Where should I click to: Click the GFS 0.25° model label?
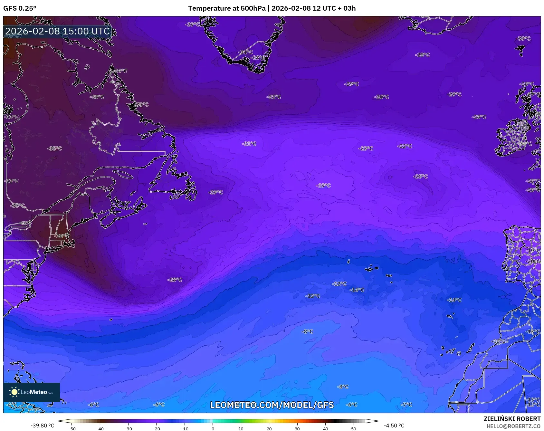coord(20,8)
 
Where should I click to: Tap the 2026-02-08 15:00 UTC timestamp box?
coord(57,31)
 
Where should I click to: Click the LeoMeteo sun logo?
coord(14,392)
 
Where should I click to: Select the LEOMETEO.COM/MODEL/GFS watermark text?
coord(272,405)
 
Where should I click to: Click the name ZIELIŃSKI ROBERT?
coord(512,419)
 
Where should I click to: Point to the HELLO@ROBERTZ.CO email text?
coord(513,426)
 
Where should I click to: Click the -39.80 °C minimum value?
coord(42,426)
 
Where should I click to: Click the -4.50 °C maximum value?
coord(394,426)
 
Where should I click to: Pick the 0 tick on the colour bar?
coord(213,428)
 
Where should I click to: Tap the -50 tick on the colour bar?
coord(72,428)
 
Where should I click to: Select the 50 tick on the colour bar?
coord(354,428)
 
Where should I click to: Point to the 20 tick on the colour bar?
coord(269,428)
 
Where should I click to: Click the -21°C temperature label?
coord(249,144)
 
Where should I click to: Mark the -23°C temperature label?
coord(366,148)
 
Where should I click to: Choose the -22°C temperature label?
coord(405,146)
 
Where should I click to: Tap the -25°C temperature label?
coord(421,177)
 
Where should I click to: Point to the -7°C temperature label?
coord(406,405)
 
